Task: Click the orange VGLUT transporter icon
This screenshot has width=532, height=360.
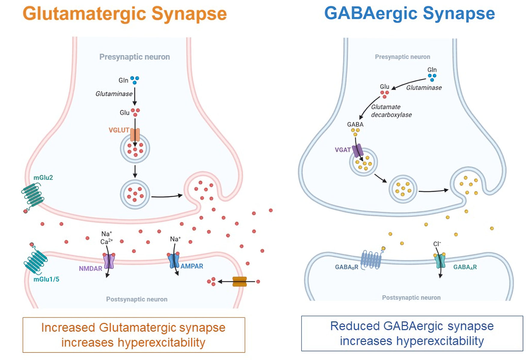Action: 135,135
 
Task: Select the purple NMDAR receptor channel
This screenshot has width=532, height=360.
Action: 109,261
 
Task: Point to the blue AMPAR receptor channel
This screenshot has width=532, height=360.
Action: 174,260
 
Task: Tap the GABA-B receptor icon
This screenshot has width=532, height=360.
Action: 371,259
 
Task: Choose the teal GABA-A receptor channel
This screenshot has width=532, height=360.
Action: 440,261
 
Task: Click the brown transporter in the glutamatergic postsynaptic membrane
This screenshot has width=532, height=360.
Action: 240,282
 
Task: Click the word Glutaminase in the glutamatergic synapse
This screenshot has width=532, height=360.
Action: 114,94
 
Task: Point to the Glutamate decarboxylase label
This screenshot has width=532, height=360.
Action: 391,111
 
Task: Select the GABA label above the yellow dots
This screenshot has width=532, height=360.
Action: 355,124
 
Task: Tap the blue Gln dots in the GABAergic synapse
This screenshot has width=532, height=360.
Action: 432,77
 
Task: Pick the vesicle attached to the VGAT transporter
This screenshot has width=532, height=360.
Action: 364,162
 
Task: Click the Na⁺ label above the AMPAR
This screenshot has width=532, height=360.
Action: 175,239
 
